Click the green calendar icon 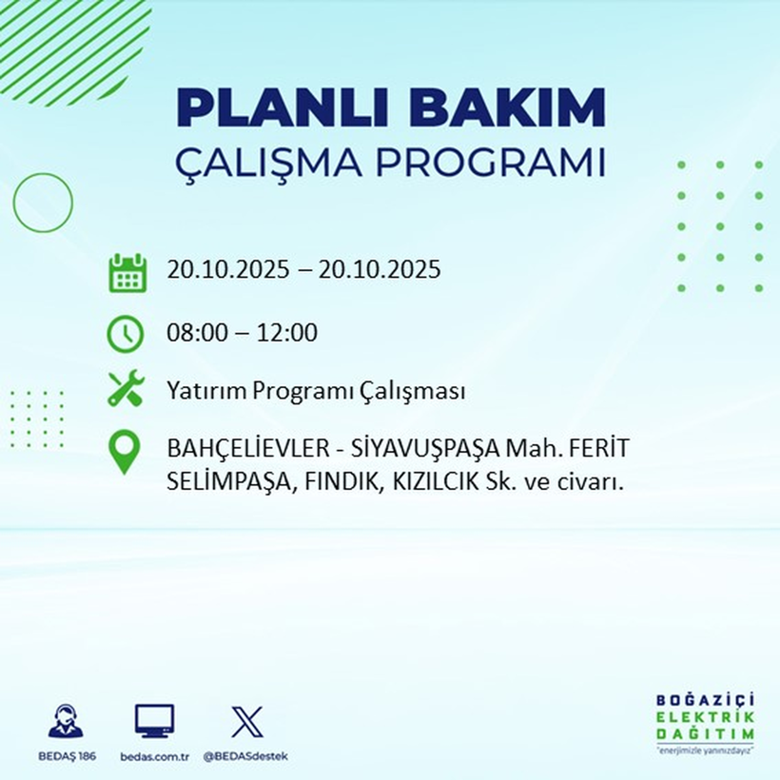127,272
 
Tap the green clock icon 127,334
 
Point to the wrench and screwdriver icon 126,389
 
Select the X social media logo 246,722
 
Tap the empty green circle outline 43,202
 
